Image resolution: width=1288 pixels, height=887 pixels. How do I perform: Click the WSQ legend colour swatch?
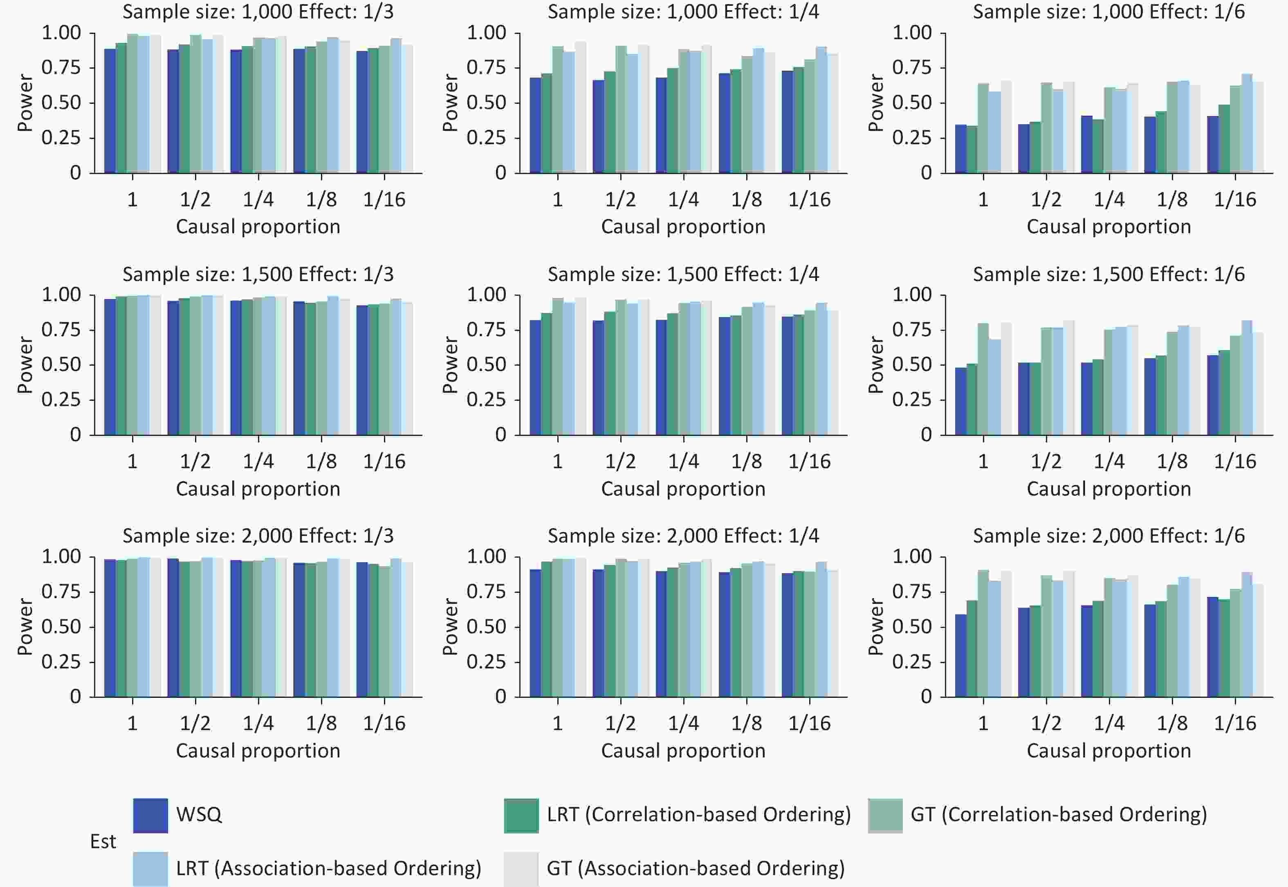pyautogui.click(x=150, y=816)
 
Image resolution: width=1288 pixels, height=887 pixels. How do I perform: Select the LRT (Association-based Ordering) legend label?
pyautogui.click(x=328, y=868)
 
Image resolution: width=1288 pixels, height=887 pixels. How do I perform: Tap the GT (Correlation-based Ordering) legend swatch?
pyautogui.click(x=885, y=816)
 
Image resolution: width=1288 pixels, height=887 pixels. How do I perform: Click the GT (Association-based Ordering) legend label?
pyautogui.click(x=696, y=868)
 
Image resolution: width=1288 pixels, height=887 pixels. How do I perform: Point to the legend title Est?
pyautogui.click(x=103, y=841)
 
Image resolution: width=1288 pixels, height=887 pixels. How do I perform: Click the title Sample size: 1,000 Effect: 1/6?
pyautogui.click(x=1108, y=12)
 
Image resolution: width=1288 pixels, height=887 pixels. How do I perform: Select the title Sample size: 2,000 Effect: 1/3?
pyautogui.click(x=258, y=536)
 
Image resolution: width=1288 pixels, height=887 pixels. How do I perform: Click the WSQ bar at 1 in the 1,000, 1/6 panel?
pyautogui.click(x=960, y=149)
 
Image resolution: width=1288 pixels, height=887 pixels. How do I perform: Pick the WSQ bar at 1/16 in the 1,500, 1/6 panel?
pyautogui.click(x=1213, y=395)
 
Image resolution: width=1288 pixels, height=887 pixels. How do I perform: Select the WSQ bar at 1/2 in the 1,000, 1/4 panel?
pyautogui.click(x=598, y=127)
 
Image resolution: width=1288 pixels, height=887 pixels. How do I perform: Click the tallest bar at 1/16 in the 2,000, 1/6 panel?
pyautogui.click(x=1247, y=634)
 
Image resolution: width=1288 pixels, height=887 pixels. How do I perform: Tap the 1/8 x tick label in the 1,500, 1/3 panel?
pyautogui.click(x=321, y=461)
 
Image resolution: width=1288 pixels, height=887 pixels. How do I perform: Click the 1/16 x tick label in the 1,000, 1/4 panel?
pyautogui.click(x=809, y=199)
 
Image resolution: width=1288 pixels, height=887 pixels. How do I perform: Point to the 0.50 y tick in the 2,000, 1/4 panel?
pyautogui.click(x=486, y=626)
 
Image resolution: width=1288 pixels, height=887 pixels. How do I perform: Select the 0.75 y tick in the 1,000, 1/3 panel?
pyautogui.click(x=61, y=68)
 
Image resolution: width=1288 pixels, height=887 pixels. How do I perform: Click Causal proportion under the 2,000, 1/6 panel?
pyautogui.click(x=1108, y=751)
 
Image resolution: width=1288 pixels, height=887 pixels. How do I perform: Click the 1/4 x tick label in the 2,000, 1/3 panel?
pyautogui.click(x=258, y=723)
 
